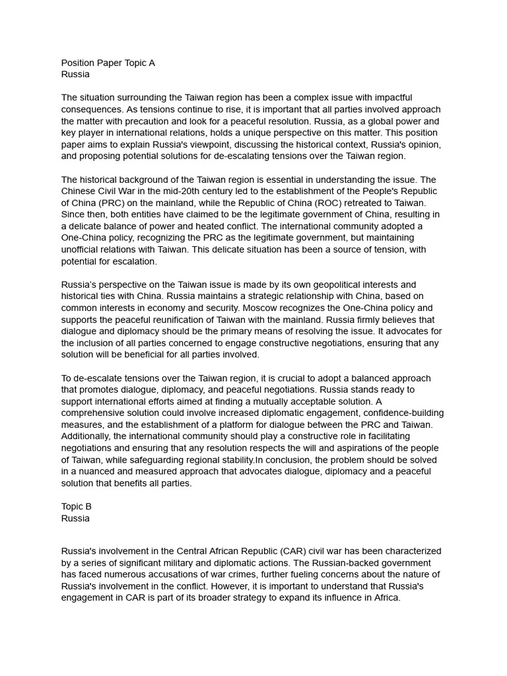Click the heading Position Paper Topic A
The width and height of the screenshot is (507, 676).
tap(108, 63)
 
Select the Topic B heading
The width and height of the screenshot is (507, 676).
tap(77, 506)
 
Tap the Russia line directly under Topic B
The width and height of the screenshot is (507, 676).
tap(75, 518)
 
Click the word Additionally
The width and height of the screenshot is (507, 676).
tap(87, 436)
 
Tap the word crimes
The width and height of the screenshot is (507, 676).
tap(259, 575)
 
